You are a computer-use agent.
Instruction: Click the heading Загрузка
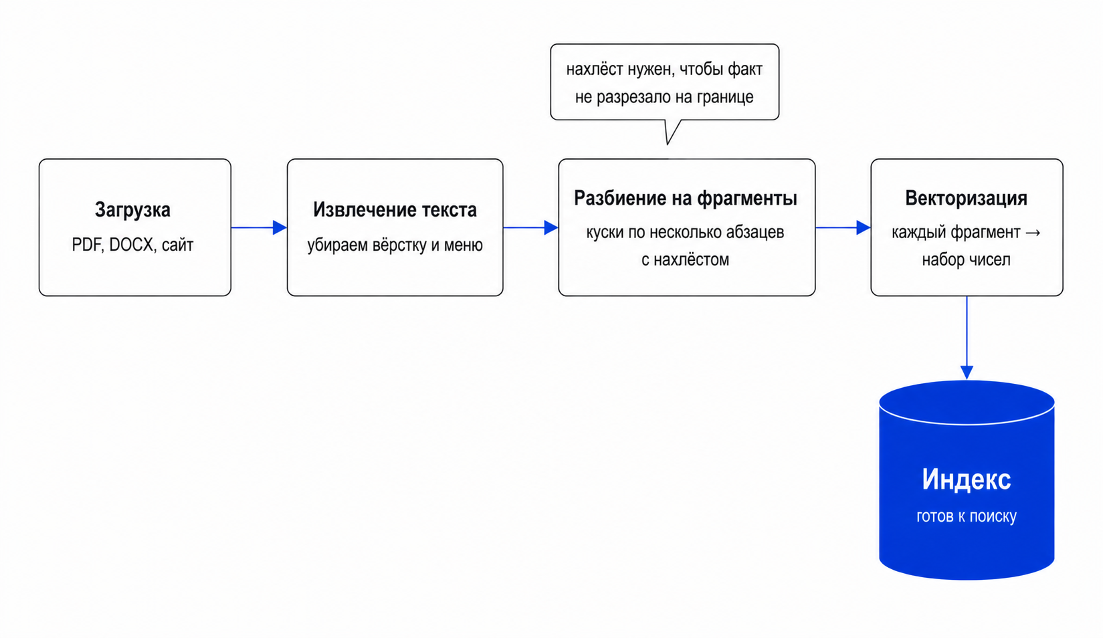[132, 210]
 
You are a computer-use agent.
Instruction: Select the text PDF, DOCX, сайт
[132, 245]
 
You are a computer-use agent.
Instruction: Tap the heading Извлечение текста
[395, 210]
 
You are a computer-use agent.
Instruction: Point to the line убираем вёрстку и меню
[395, 245]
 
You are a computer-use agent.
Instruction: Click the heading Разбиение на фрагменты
[686, 199]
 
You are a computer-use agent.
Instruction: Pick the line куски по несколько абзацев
[685, 232]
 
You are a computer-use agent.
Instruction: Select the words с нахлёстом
[685, 259]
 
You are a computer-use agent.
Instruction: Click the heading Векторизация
[966, 199]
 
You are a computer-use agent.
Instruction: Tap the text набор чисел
[966, 259]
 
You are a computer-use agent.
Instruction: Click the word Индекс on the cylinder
[966, 479]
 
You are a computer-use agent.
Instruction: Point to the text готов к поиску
[966, 516]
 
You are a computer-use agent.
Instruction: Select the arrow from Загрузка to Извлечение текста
[259, 227]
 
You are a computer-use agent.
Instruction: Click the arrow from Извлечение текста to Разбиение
[531, 227]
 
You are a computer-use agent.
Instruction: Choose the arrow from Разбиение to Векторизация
[843, 227]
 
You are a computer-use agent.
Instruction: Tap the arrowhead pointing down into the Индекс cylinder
[967, 373]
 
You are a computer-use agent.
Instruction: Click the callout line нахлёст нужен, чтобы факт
[664, 70]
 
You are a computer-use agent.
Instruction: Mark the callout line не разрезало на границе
[664, 97]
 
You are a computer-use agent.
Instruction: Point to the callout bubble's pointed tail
[668, 144]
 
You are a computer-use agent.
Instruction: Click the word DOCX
[131, 245]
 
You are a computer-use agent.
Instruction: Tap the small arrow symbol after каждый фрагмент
[1033, 232]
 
